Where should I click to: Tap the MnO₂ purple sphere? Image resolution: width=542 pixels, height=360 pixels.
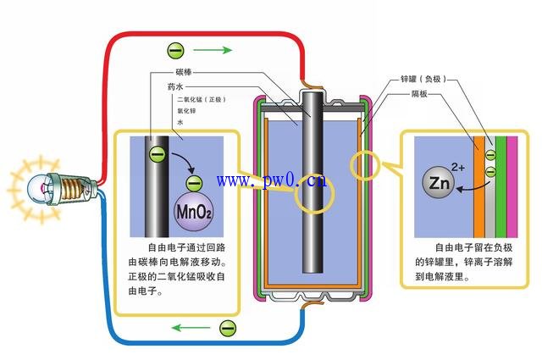pos(195,211)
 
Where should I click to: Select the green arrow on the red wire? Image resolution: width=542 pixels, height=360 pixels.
pos(217,50)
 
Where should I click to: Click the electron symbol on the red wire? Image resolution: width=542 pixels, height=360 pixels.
pos(175,50)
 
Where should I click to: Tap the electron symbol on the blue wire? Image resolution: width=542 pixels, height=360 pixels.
pos(227,326)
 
